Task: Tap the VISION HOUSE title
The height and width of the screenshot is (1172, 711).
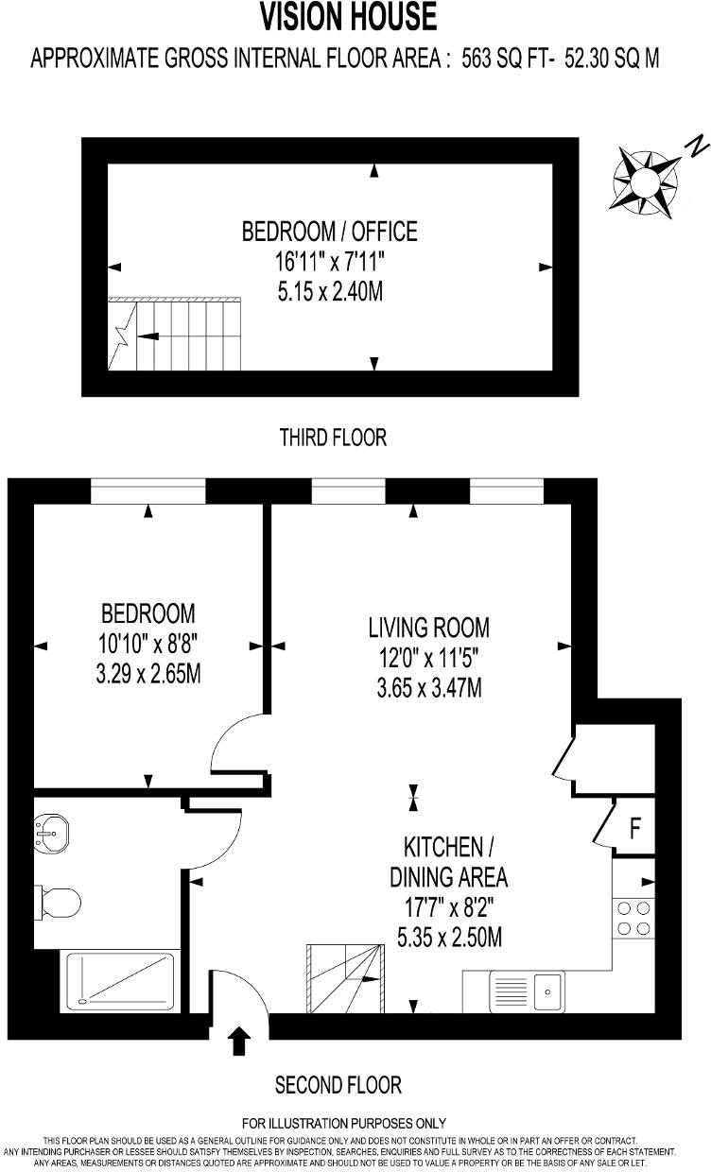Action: tap(349, 17)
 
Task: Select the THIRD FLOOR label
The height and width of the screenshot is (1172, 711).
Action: tap(333, 438)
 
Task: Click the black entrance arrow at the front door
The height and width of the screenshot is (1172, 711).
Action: tap(239, 1041)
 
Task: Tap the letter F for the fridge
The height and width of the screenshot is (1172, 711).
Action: tap(635, 829)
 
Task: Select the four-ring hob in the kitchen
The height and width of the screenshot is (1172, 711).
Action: tap(633, 917)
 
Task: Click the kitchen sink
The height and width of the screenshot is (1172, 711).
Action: tap(547, 991)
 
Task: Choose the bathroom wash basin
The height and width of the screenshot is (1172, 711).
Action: tap(51, 833)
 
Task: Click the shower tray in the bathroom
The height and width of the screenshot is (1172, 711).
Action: tap(120, 978)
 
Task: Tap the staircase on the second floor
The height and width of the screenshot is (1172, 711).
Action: tap(346, 978)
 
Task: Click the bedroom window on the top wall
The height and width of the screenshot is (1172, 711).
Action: tap(148, 491)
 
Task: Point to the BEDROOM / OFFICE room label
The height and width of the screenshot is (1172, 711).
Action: tap(329, 231)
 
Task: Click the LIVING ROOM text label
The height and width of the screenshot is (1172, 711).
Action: tap(428, 627)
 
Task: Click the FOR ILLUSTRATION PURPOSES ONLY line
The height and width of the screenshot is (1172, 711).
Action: tap(344, 1124)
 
